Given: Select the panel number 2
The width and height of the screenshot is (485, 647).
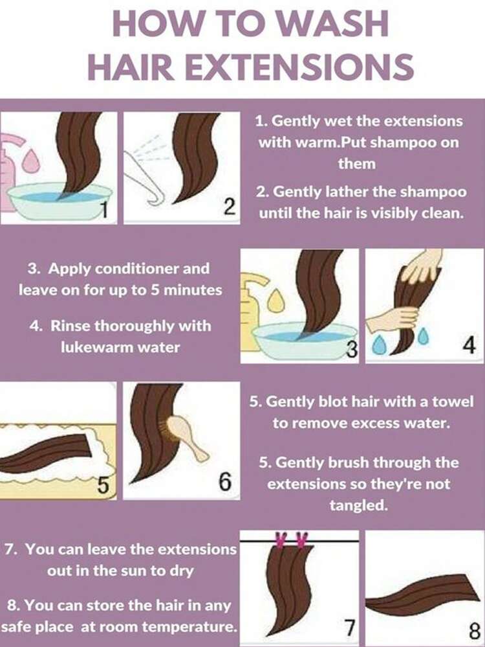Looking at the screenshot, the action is click(x=228, y=207).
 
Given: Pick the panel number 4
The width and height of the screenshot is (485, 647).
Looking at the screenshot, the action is click(x=469, y=345).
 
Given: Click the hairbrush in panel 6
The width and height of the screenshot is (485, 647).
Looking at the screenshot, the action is click(x=186, y=437).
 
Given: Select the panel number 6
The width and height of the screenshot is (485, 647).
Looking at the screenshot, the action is click(x=224, y=482).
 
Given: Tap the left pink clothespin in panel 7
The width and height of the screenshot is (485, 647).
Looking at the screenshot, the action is click(x=281, y=540).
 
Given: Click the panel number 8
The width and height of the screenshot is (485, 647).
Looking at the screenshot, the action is click(x=474, y=631).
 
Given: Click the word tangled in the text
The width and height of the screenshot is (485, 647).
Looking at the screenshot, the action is click(x=358, y=505).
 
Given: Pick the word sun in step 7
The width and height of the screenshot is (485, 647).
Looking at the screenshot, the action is click(x=133, y=571).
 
